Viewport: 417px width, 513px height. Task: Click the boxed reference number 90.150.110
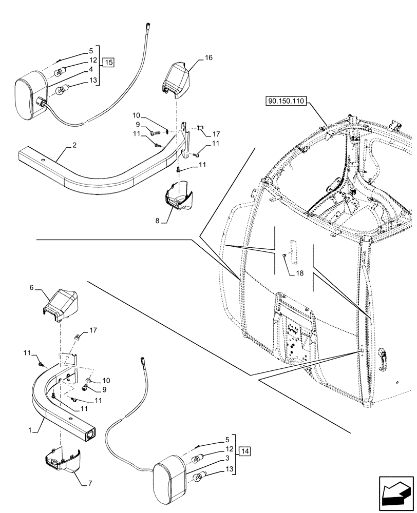click(x=286, y=102)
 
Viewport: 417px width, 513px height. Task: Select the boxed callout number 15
click(x=108, y=63)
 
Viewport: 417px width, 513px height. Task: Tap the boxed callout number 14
click(x=244, y=451)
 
